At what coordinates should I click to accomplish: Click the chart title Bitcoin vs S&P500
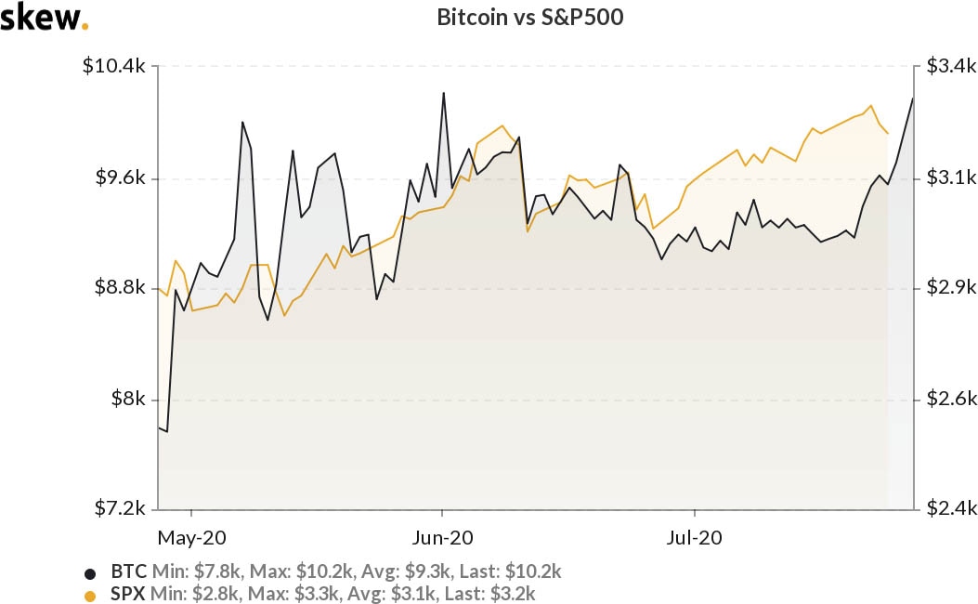524,18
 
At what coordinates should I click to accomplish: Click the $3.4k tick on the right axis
951,67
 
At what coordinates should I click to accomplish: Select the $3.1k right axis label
951,177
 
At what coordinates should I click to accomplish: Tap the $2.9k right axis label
951,288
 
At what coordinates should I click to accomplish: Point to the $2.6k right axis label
951,400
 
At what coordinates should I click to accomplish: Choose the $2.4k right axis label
951,509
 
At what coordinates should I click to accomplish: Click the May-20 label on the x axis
191,538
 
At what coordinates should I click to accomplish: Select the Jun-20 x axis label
442,538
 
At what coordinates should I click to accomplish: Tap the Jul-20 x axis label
695,538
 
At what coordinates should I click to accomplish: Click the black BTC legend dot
90,572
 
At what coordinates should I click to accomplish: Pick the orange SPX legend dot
90,595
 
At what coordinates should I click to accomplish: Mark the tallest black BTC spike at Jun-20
444,93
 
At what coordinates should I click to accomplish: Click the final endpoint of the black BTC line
913,98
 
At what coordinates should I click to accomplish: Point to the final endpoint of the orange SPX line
888,134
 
